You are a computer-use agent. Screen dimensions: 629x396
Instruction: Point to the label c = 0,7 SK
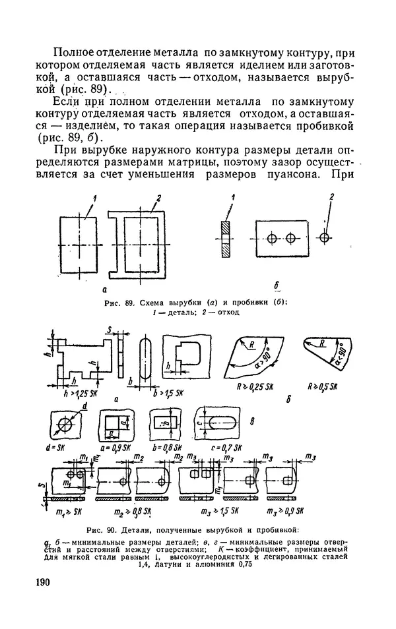click(x=218, y=448)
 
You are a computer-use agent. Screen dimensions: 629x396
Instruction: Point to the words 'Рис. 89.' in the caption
click(x=117, y=303)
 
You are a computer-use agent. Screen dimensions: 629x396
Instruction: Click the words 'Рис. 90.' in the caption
click(x=102, y=530)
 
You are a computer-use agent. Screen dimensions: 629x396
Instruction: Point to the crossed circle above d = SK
click(x=65, y=425)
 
